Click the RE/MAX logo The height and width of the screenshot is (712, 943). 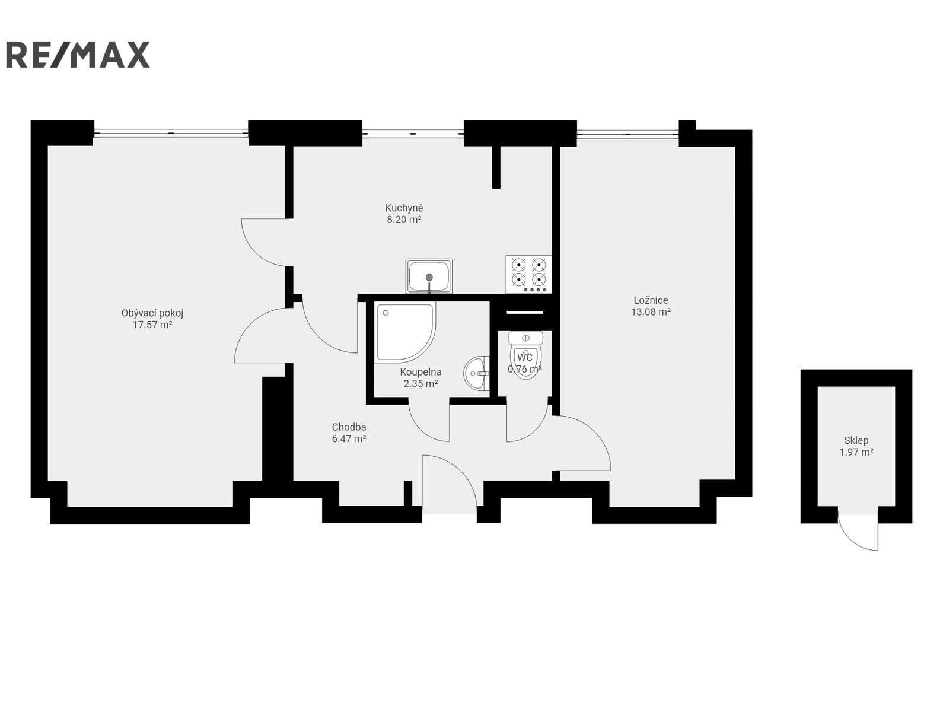[x=78, y=55]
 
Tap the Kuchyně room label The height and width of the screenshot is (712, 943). [x=404, y=208]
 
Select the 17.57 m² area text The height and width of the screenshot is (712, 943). [x=152, y=325]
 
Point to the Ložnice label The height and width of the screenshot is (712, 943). [x=651, y=300]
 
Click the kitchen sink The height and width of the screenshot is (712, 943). [x=429, y=276]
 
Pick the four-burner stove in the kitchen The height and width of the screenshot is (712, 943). [x=528, y=274]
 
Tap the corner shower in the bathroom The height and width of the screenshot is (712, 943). [x=404, y=332]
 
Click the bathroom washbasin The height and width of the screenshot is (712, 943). [x=476, y=373]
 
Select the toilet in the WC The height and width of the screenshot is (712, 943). [x=525, y=355]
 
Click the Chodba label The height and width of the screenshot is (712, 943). [x=349, y=427]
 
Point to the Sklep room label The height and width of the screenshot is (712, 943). [x=856, y=440]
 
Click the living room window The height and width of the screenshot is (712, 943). [x=171, y=133]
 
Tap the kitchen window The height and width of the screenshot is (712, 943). [x=413, y=133]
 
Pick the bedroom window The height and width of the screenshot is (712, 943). [x=627, y=134]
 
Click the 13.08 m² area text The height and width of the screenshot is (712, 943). [x=651, y=312]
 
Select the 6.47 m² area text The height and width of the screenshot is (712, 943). [x=349, y=438]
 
